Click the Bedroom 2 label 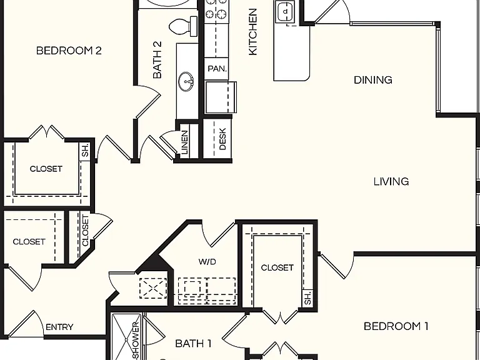tap(69, 51)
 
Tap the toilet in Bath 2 tap(183, 26)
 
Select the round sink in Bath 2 tap(186, 82)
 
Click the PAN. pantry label tap(217, 69)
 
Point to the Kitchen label tap(253, 32)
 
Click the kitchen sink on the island tap(285, 12)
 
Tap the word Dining tap(373, 80)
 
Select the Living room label tap(391, 181)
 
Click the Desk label tap(222, 139)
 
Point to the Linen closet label tap(184, 142)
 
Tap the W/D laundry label tap(207, 262)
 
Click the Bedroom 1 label tap(396, 326)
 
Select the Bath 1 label tap(193, 344)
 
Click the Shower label tap(136, 341)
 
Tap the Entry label tap(59, 327)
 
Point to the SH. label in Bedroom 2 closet tap(85, 150)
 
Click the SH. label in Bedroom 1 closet tap(307, 297)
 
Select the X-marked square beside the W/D tap(153, 288)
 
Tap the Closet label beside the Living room tap(277, 268)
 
